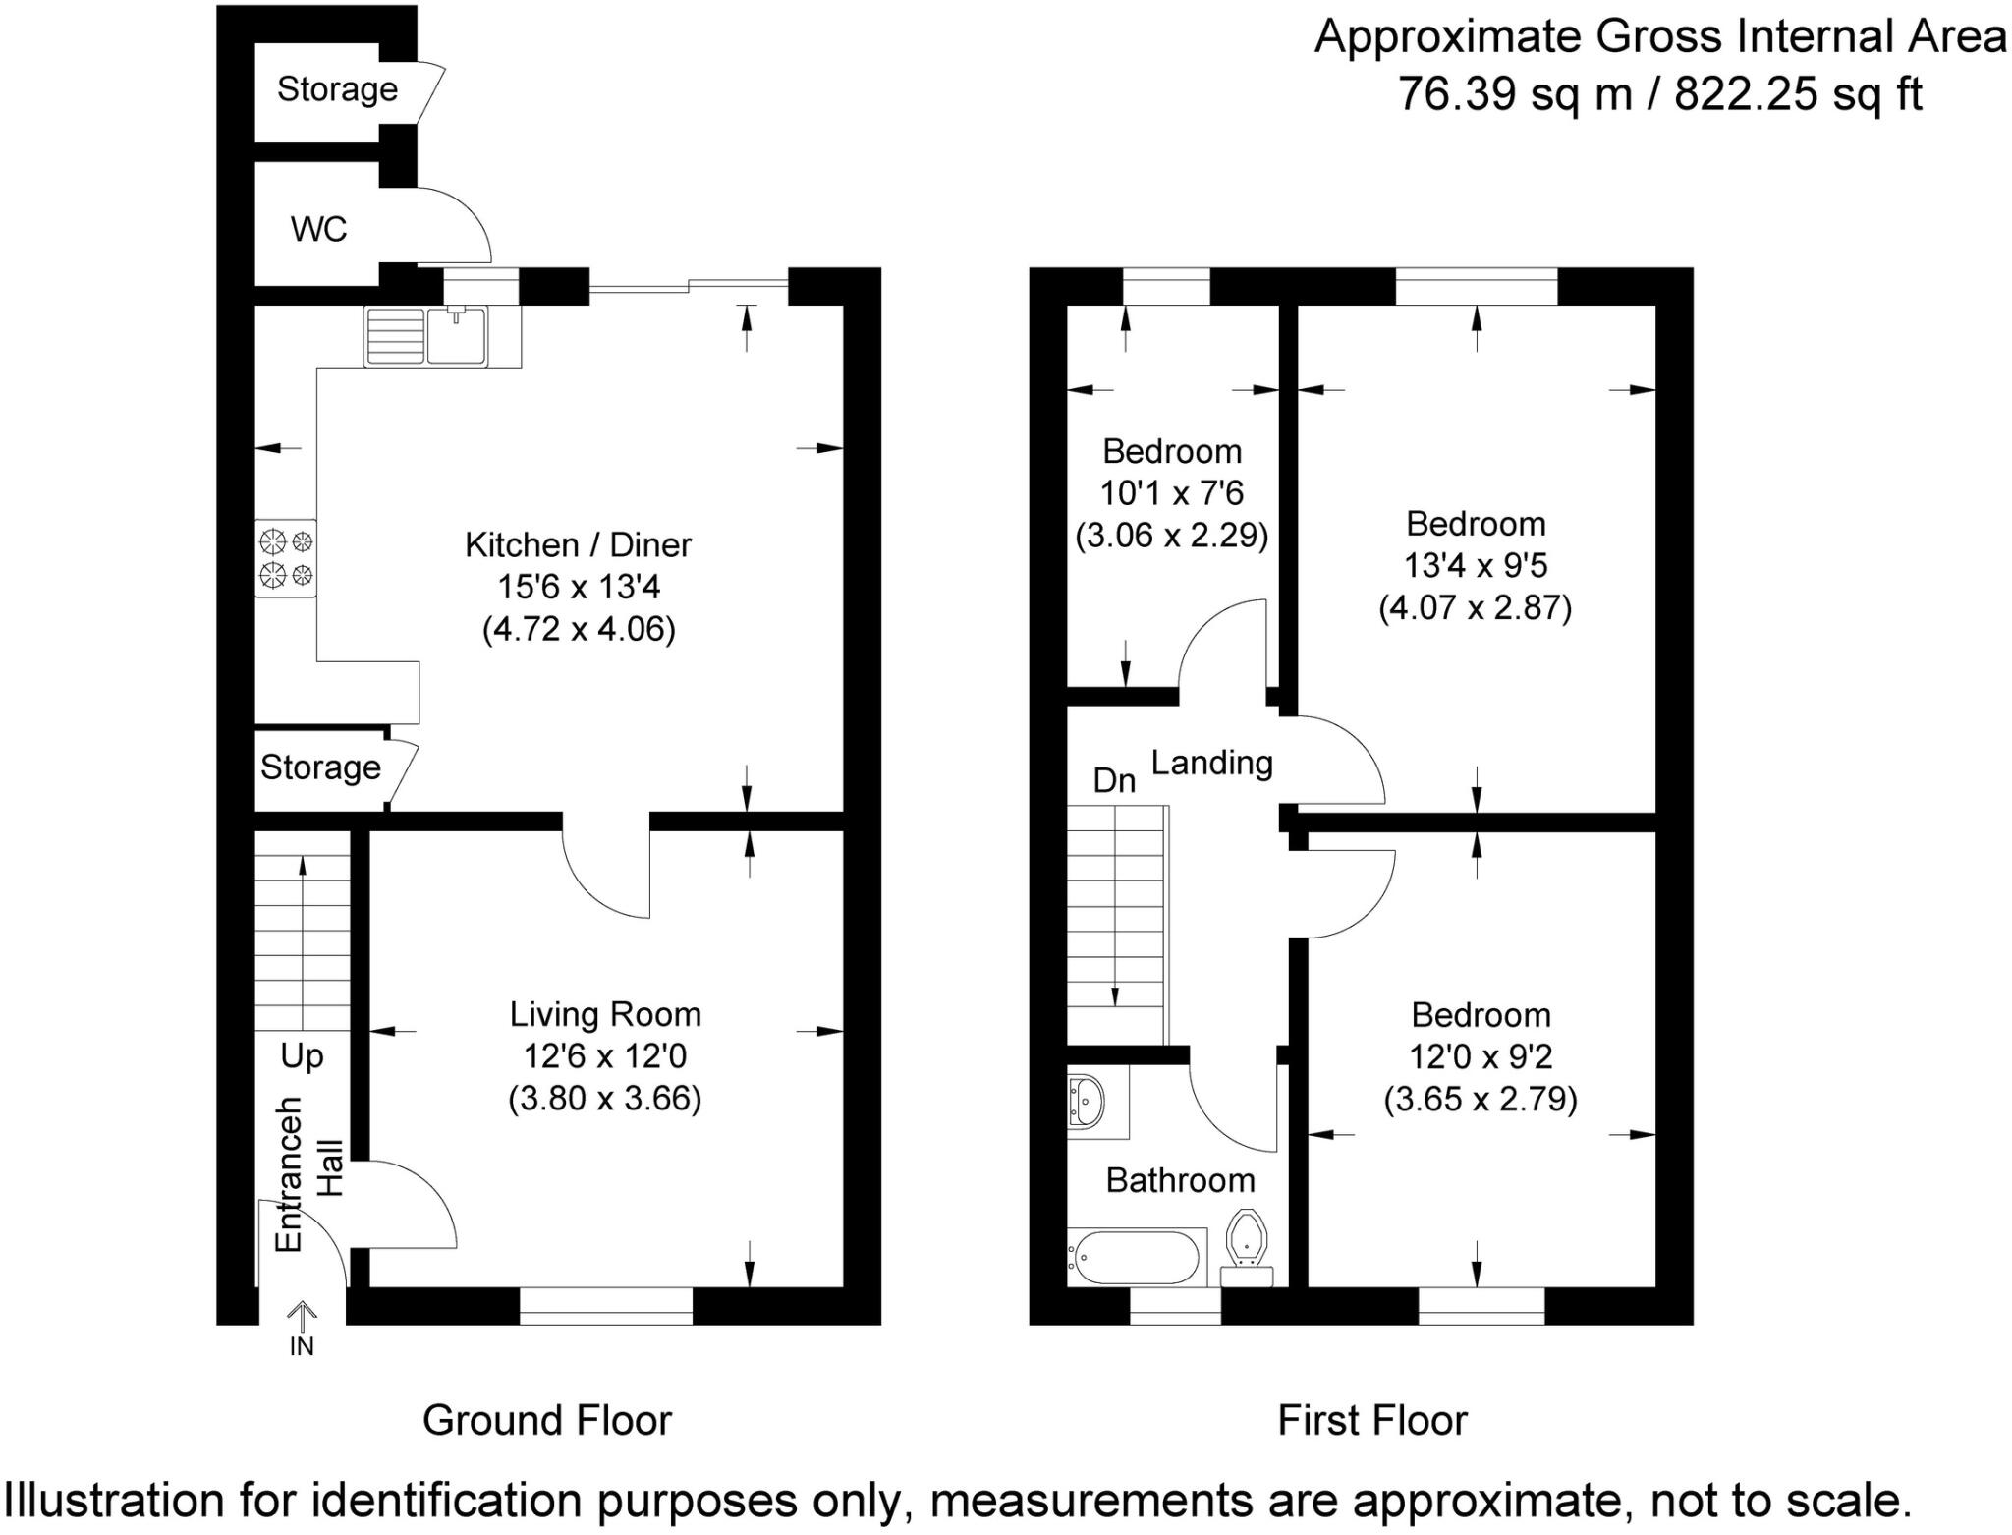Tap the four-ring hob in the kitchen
click(x=286, y=557)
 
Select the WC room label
click(x=318, y=230)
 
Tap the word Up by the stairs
click(x=302, y=1056)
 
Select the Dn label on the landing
click(x=1114, y=780)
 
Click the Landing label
click(x=1211, y=763)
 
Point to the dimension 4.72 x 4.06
click(x=579, y=629)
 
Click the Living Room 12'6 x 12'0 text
click(x=604, y=1056)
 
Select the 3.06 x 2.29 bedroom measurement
click(x=1171, y=536)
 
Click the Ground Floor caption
click(x=547, y=1421)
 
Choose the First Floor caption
click(x=1371, y=1421)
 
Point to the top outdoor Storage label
click(x=337, y=89)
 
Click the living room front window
click(x=605, y=1306)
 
